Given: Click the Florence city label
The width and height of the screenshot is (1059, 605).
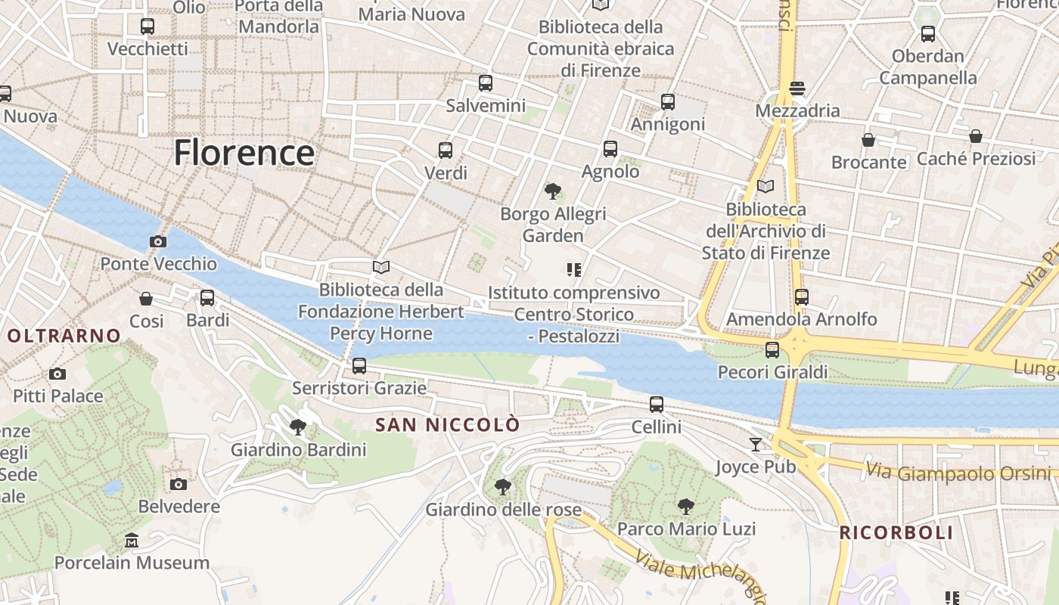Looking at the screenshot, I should coord(244,153).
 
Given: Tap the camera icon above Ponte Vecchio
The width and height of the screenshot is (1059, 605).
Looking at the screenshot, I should coord(158,242).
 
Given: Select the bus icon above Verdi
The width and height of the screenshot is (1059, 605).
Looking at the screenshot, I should coord(446,150).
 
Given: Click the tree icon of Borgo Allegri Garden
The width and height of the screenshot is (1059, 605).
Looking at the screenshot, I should coord(553,191).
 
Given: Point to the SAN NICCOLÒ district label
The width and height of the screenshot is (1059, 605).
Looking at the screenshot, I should coord(448,425).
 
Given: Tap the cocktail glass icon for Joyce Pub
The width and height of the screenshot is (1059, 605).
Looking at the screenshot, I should coord(756,444).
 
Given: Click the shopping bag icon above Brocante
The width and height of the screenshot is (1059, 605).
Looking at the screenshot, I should coord(868,140).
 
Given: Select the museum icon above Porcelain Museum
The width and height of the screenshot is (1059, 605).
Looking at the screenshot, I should coord(132,540).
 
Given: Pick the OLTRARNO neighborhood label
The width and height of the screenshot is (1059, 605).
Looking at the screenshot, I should coord(64,336).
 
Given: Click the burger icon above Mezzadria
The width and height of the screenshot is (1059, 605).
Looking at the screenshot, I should coord(797,88).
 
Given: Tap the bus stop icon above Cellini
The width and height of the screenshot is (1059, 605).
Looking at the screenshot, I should coord(657,405).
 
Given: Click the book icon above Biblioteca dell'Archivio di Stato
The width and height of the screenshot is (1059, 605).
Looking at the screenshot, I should coord(766,186).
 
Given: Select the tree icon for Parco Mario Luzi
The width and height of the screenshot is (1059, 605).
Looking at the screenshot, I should coord(686,506).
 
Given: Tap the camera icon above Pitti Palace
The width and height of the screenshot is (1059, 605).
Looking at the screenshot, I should coord(57,374).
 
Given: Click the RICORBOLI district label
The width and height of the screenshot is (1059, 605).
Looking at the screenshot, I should coord(896,532).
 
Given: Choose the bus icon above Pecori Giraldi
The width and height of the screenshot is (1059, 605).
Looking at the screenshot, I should coord(772,350).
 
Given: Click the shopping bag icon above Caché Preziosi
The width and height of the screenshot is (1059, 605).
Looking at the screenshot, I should coord(976,136).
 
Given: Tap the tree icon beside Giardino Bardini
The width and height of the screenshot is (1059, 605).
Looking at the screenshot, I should coord(298,427).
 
